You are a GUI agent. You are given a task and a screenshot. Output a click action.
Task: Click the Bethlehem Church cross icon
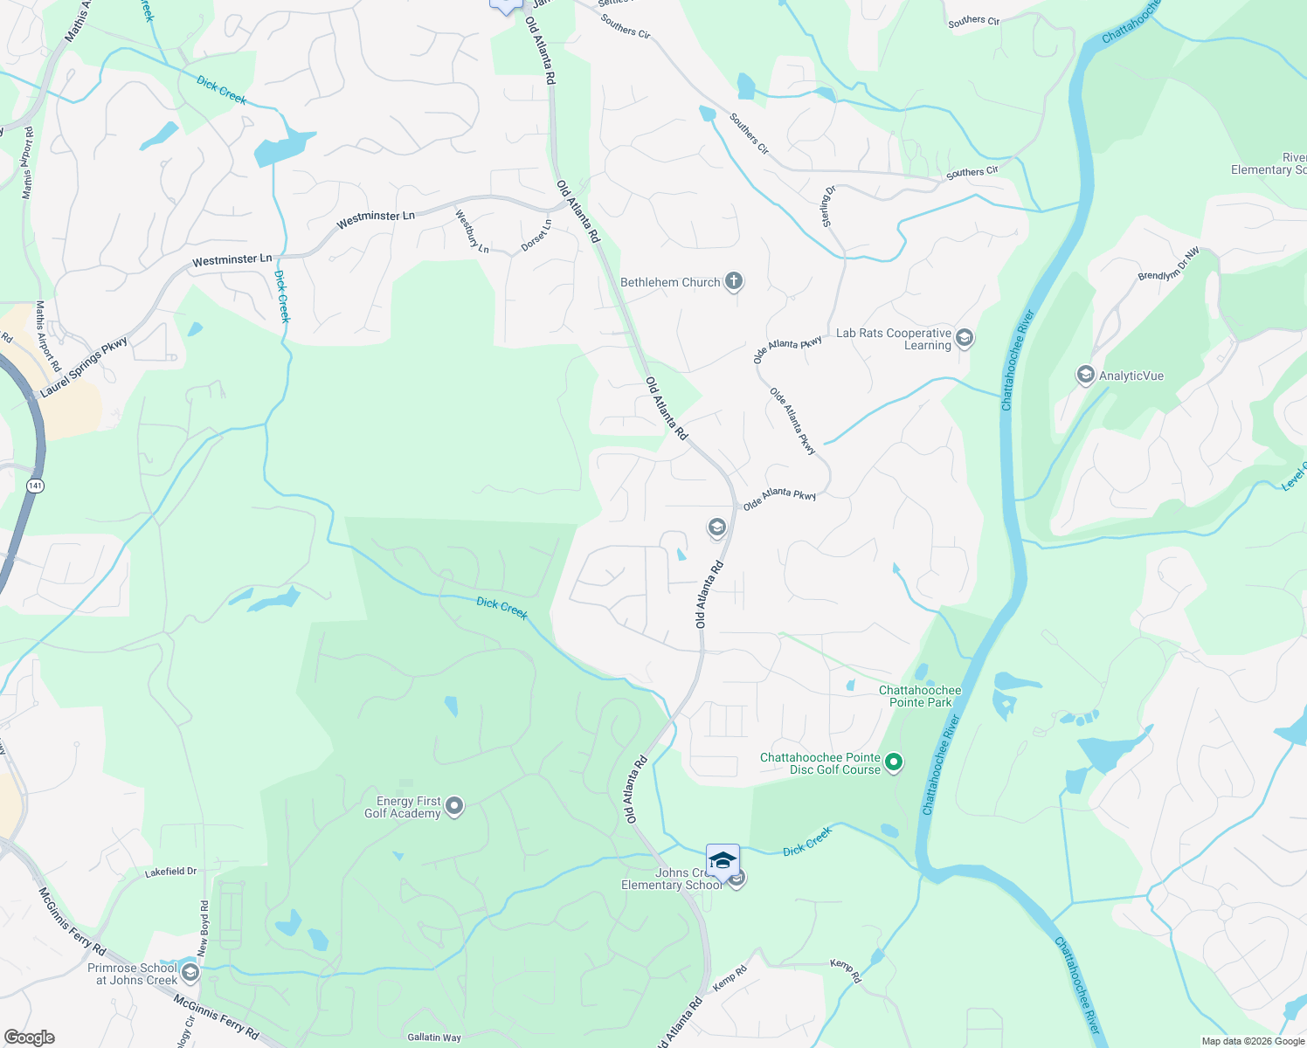coord(734,281)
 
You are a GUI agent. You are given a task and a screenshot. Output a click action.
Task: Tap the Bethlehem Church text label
coord(670,282)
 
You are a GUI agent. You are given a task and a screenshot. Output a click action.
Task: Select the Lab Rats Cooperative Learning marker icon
coord(965,338)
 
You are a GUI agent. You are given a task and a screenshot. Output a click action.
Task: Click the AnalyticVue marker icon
coord(1085,376)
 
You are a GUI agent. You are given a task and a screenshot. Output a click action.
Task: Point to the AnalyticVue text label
coord(1131,376)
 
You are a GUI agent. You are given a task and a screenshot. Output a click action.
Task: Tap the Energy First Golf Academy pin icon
coord(454,806)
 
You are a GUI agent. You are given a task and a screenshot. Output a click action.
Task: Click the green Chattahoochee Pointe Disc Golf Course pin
coord(894,762)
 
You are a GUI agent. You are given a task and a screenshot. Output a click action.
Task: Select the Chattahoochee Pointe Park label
coord(920,696)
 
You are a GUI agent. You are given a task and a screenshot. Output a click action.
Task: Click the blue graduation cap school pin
coord(723,861)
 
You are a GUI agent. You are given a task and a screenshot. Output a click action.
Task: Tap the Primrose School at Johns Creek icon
coord(190,973)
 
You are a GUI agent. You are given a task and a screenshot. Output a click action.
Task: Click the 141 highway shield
coord(34,486)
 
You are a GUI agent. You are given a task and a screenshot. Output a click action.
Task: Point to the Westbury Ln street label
coord(472,231)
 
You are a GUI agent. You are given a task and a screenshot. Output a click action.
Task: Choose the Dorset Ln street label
coord(536,235)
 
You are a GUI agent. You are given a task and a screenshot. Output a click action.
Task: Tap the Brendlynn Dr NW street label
coord(1169,264)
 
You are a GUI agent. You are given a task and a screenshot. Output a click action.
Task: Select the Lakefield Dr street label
coord(171,872)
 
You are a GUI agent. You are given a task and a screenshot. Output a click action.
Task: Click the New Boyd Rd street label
coord(204,928)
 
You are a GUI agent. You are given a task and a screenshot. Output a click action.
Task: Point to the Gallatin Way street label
coord(434,1038)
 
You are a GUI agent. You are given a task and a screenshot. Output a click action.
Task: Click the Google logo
coord(29,1038)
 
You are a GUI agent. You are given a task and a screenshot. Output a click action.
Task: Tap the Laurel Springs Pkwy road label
coord(84,368)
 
